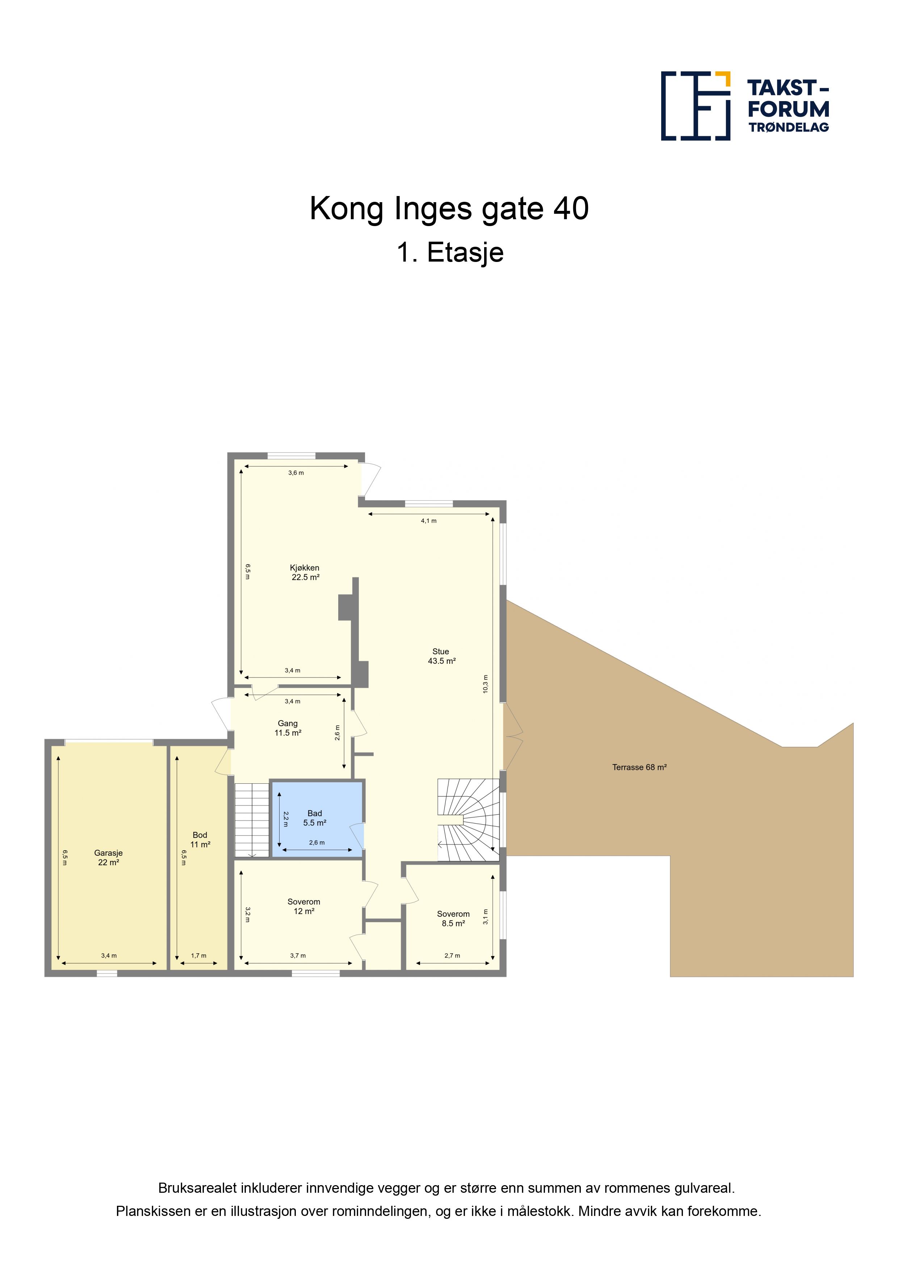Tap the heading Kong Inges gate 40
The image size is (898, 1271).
click(x=449, y=209)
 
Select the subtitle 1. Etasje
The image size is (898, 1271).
click(x=450, y=253)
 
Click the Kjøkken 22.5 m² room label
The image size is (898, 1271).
click(x=305, y=572)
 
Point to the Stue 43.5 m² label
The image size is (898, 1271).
click(x=441, y=656)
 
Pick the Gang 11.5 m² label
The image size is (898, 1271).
click(x=288, y=728)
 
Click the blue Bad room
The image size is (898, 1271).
click(x=318, y=819)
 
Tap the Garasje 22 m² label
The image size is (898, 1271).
click(x=108, y=858)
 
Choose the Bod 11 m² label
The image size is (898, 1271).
click(x=200, y=840)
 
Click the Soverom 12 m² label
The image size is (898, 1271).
click(x=304, y=906)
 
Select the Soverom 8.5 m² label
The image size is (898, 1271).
click(x=453, y=918)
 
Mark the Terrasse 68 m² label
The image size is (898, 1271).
click(x=639, y=767)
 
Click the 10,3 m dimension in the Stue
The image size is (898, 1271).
click(x=485, y=684)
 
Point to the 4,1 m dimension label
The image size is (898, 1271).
click(x=429, y=521)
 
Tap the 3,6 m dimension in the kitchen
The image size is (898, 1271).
click(x=296, y=473)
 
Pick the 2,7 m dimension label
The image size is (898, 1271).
click(x=452, y=955)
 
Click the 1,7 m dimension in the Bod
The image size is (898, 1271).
click(x=199, y=955)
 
